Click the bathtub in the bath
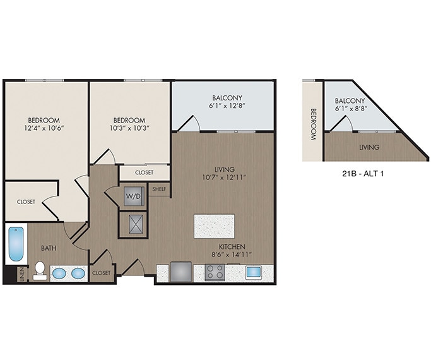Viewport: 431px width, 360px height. pyautogui.click(x=16, y=246)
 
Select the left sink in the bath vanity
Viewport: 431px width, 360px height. pyautogui.click(x=59, y=274)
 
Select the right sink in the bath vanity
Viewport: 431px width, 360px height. pyautogui.click(x=78, y=274)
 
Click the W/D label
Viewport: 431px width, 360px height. pyautogui.click(x=134, y=195)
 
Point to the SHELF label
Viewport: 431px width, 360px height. pyautogui.click(x=158, y=188)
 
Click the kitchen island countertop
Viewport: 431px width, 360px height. pyautogui.click(x=214, y=226)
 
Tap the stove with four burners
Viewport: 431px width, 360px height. pyautogui.click(x=215, y=273)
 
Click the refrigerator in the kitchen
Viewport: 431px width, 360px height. pyautogui.click(x=180, y=272)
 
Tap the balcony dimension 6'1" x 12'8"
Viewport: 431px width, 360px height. pyautogui.click(x=227, y=107)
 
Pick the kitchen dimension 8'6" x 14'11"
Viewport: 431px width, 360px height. pyautogui.click(x=232, y=255)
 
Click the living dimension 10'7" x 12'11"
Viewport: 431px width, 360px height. pyautogui.click(x=224, y=177)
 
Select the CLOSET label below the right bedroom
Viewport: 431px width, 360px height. pyautogui.click(x=144, y=171)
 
